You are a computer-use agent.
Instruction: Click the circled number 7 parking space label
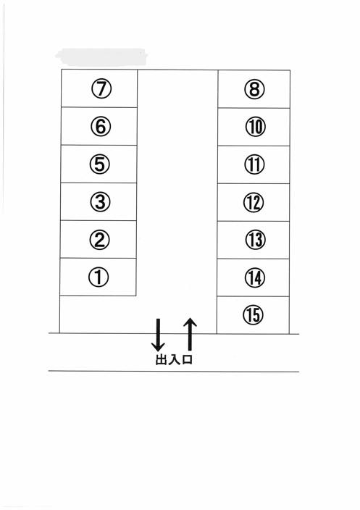101,89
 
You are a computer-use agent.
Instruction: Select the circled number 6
101,126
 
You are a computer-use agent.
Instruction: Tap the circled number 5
100,164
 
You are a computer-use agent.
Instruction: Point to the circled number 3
100,201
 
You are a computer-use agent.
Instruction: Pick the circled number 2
99,240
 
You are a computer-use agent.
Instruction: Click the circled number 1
99,277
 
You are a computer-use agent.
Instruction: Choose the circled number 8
254,89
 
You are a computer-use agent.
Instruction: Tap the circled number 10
255,127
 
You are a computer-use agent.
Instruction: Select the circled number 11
254,164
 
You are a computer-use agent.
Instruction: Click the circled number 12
254,202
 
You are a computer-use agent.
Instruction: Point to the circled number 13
255,240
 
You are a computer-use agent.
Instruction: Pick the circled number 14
255,277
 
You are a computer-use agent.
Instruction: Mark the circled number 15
254,315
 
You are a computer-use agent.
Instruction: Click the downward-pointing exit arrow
159,335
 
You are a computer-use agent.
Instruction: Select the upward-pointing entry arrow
190,335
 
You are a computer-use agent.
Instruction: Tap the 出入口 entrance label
174,360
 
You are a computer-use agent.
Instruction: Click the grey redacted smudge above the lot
101,57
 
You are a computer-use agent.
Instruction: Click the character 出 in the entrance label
162,360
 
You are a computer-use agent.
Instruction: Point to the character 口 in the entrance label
188,360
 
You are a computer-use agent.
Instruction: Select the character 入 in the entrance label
175,360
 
